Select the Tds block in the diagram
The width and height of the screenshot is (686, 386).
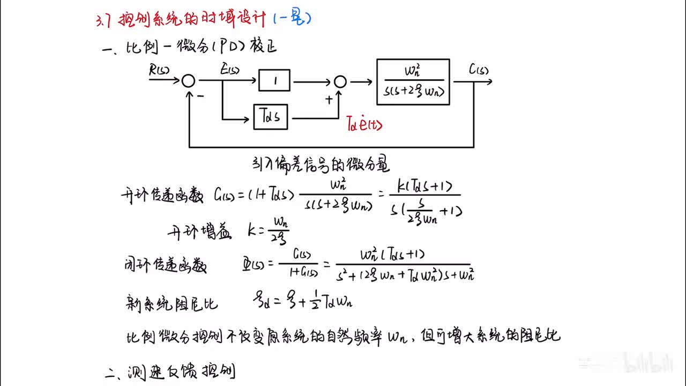point(270,117)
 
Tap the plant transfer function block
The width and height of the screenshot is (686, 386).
point(413,81)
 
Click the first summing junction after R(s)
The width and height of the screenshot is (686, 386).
point(188,81)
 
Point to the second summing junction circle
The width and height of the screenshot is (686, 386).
point(340,81)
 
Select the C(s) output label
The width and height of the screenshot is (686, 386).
point(478,69)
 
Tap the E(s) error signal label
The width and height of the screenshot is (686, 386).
point(229,70)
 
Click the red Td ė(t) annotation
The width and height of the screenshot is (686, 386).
point(364,125)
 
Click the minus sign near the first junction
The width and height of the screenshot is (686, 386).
point(200,96)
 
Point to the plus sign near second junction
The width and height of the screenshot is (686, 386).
point(329,100)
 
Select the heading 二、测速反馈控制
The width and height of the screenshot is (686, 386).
point(170,372)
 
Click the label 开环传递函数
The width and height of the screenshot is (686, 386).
point(162,196)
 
